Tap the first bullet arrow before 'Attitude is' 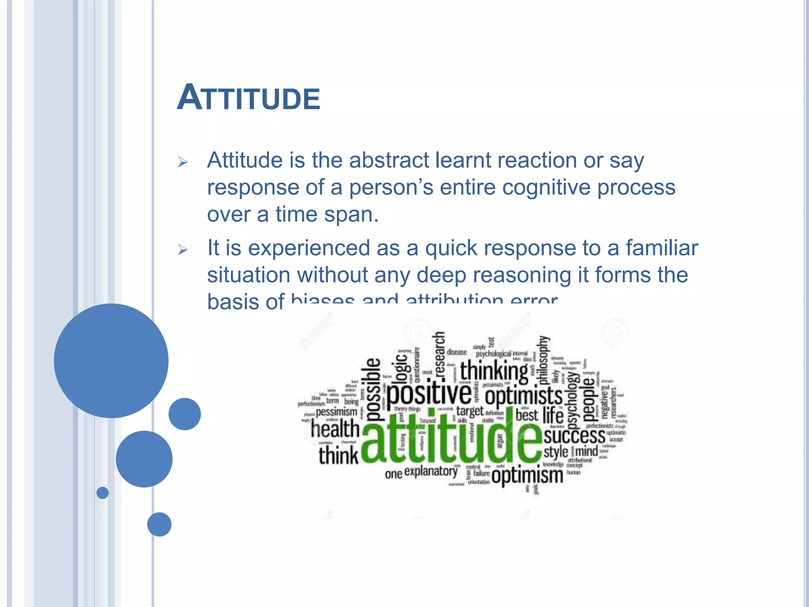182,162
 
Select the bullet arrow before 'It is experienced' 182,250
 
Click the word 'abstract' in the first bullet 389,160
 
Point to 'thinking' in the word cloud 494,371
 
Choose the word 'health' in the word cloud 335,429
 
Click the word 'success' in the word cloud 574,436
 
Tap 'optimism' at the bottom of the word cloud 527,475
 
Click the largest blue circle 111,360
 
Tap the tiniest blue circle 102,493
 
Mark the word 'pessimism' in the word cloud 336,412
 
